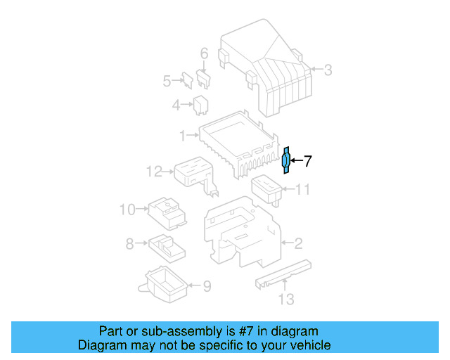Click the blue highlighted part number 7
[285, 161]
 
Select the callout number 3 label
[327, 69]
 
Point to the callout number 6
[204, 53]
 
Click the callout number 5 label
[167, 81]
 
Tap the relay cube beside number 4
[200, 105]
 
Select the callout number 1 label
[182, 134]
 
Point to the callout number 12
[154, 170]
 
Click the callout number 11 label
[302, 189]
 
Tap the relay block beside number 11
[266, 188]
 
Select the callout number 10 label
[127, 209]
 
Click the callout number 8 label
[129, 244]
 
